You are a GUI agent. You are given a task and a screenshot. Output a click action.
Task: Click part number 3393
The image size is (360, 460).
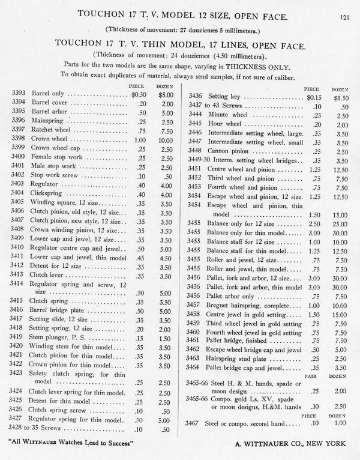click(19, 94)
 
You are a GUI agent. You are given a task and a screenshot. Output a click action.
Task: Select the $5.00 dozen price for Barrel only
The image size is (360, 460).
click(166, 94)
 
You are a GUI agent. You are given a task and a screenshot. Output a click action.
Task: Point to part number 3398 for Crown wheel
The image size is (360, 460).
click(19, 138)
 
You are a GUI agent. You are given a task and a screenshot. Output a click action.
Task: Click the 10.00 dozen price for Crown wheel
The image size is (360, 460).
click(166, 138)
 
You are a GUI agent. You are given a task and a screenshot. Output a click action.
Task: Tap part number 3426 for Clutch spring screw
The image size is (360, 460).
click(19, 410)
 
